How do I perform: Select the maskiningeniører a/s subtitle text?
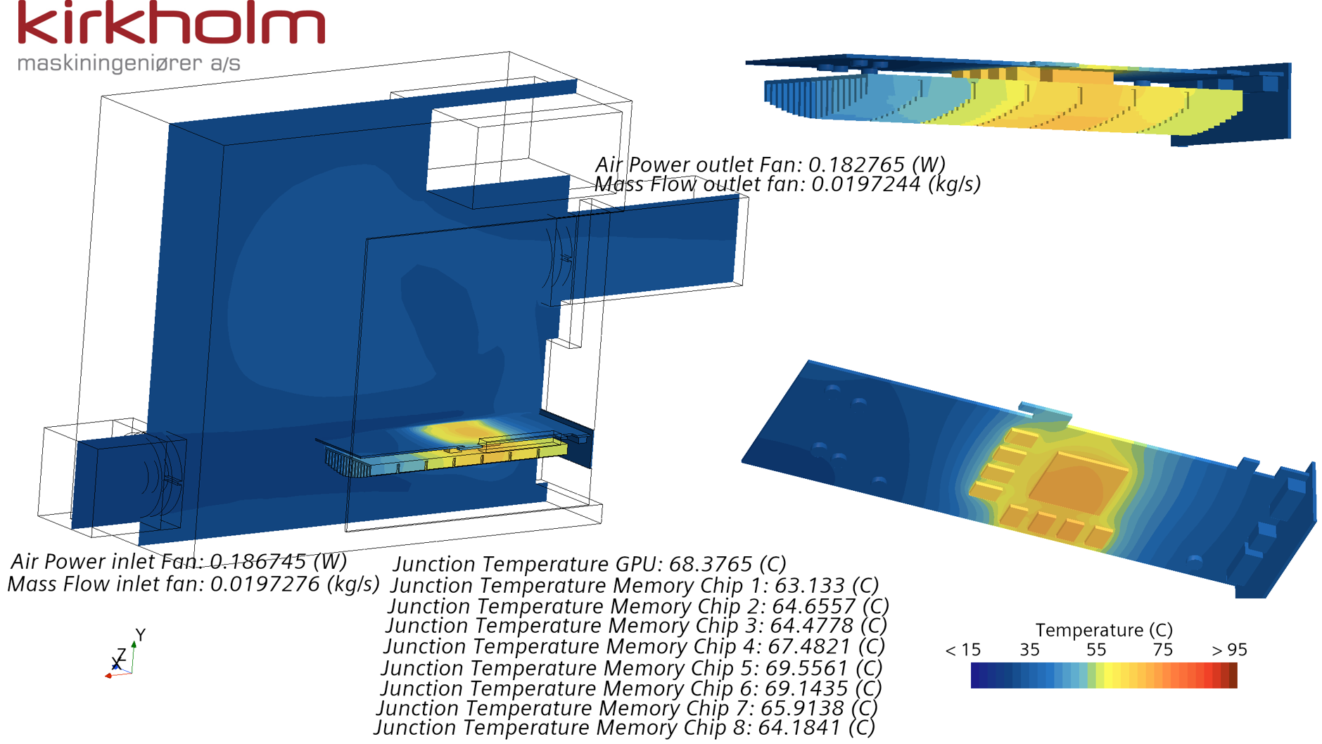(129, 63)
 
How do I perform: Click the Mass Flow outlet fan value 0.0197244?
(865, 184)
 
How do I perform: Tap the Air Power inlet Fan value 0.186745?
(258, 561)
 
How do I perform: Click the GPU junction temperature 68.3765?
(711, 564)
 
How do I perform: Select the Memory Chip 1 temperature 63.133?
(809, 585)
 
